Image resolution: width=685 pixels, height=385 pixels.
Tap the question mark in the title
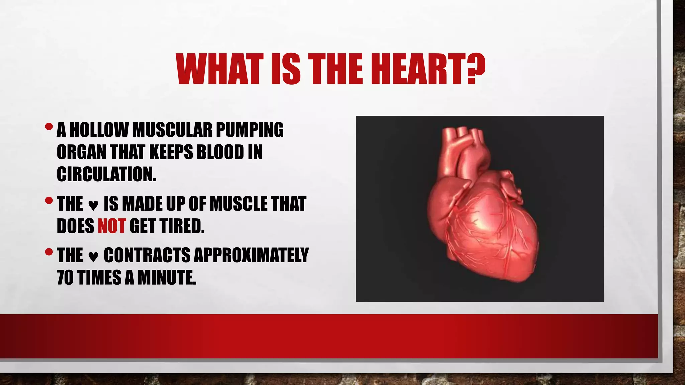(x=475, y=70)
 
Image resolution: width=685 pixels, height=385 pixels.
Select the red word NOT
(x=112, y=226)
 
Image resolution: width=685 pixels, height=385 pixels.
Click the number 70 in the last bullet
(x=65, y=277)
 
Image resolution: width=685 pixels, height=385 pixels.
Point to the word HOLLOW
(x=99, y=130)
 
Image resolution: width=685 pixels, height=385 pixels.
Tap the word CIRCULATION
(x=106, y=174)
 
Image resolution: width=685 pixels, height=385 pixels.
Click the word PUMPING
(x=250, y=130)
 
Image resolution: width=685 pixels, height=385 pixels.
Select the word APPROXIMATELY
(x=251, y=255)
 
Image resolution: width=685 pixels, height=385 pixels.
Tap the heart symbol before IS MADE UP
(x=93, y=205)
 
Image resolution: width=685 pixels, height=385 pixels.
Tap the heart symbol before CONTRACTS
(x=93, y=257)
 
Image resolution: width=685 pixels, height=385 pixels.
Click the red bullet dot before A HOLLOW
(x=49, y=127)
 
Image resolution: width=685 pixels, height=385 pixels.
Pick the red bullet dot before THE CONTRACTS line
(x=49, y=252)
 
